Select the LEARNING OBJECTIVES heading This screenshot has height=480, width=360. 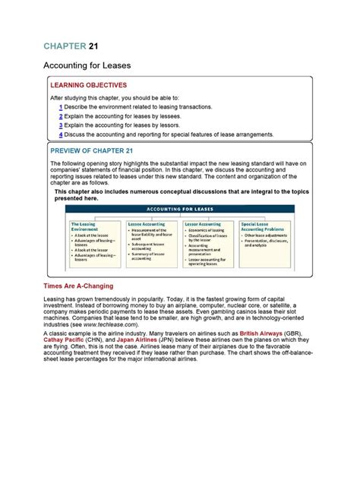[x=89, y=86]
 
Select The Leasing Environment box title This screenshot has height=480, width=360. [x=85, y=227]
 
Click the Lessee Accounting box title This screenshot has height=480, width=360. [x=146, y=225]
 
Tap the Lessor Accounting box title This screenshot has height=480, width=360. [x=203, y=225]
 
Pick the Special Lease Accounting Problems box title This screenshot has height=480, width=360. [x=261, y=227]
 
